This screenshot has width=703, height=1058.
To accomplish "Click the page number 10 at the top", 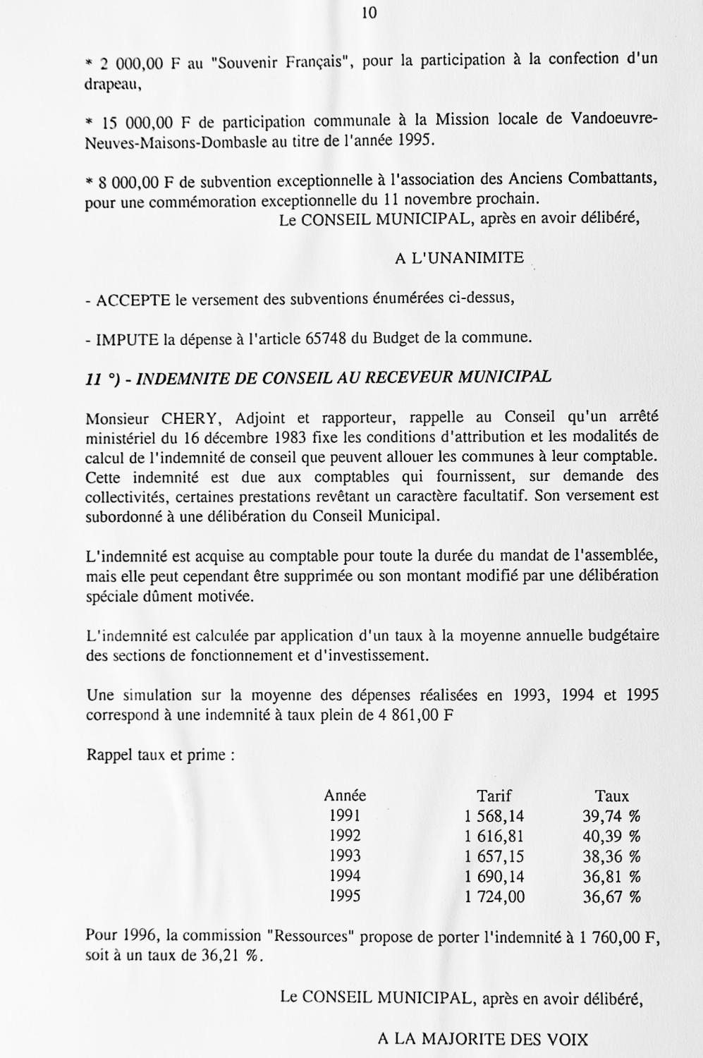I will pyautogui.click(x=369, y=13).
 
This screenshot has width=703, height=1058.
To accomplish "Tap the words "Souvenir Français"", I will pyautogui.click(x=281, y=62).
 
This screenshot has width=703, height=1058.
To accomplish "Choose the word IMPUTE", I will pyautogui.click(x=127, y=339).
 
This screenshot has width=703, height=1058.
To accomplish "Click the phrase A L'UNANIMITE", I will pyautogui.click(x=459, y=258).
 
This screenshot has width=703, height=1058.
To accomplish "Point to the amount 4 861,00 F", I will pyautogui.click(x=416, y=715).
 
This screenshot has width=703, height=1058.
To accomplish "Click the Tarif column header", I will pyautogui.click(x=494, y=796).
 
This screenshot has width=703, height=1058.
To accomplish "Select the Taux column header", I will pyautogui.click(x=611, y=796).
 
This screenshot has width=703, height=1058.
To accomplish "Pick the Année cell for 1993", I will pyautogui.click(x=345, y=856).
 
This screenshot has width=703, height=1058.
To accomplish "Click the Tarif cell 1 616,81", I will pyautogui.click(x=494, y=837).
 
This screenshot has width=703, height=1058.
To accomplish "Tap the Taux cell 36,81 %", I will pyautogui.click(x=611, y=877).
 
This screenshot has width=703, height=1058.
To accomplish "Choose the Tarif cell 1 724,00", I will pyautogui.click(x=494, y=897).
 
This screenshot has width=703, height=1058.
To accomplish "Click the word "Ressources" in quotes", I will pyautogui.click(x=313, y=937).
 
